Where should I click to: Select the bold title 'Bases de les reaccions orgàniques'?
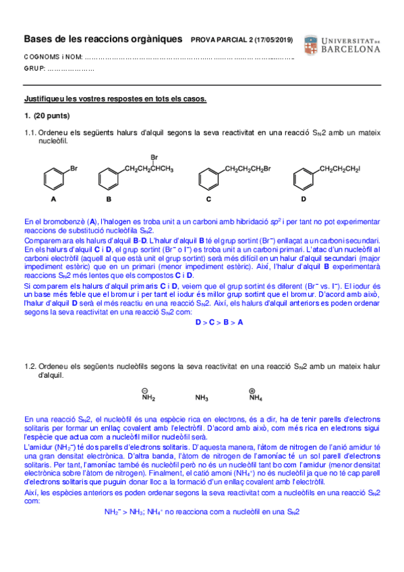click(x=103, y=40)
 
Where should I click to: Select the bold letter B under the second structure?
click(x=109, y=200)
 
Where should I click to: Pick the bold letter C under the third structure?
click(x=209, y=200)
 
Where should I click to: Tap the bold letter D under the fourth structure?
click(x=304, y=200)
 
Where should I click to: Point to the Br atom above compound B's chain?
click(x=154, y=157)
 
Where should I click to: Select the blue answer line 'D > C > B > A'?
click(x=219, y=322)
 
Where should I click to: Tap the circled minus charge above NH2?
click(x=144, y=389)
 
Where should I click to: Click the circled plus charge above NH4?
click(x=252, y=389)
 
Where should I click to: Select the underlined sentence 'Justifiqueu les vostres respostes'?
click(x=115, y=98)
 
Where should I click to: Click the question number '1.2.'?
click(x=30, y=366)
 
